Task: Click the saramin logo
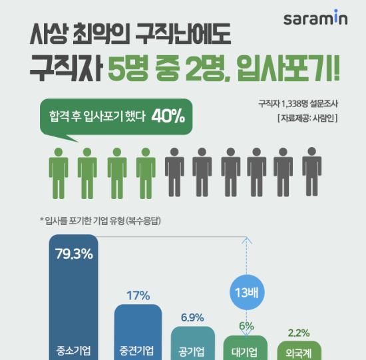315,17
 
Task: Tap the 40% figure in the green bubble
168,116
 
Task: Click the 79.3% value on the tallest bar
74,254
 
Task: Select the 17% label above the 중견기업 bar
138,295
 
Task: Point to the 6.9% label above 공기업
192,317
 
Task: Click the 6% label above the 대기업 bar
246,326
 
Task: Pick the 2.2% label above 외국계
299,333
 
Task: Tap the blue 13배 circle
247,292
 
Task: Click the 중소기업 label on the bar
73,351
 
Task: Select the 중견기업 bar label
136,351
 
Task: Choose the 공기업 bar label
192,351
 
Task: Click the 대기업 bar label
244,352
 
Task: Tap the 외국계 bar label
299,353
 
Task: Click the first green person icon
59,173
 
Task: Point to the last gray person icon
312,172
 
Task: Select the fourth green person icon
146,173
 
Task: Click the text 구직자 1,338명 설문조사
298,104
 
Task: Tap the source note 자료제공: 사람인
307,118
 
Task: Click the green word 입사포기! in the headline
287,69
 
